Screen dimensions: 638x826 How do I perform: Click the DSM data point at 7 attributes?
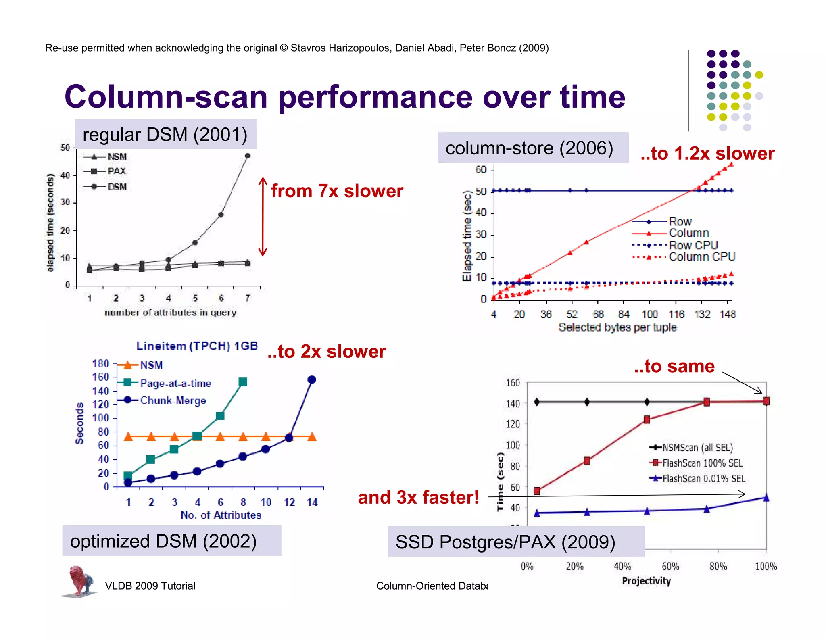[247, 156]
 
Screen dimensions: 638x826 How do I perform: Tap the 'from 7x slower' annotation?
[337, 191]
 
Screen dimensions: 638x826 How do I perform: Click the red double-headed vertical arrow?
[263, 217]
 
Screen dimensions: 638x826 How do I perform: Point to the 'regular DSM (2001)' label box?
[165, 134]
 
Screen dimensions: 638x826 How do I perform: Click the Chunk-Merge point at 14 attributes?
[312, 379]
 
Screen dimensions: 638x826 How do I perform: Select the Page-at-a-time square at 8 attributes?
[243, 382]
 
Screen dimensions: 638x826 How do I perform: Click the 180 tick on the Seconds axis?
[101, 364]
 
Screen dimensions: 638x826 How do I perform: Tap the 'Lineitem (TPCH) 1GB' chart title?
[197, 346]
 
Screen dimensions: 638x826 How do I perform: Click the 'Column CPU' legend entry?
[690, 257]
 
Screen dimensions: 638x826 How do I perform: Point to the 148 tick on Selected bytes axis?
[728, 314]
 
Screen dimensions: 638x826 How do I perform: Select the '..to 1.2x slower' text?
[707, 154]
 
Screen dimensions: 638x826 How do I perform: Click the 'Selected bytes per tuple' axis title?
[617, 327]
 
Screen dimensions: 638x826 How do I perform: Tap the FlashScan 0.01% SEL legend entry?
[698, 479]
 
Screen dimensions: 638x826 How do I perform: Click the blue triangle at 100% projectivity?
[766, 498]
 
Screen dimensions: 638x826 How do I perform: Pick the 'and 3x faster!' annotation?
[418, 497]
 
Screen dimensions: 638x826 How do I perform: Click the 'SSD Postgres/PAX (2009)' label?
[505, 542]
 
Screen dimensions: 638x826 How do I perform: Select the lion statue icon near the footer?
[80, 581]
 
